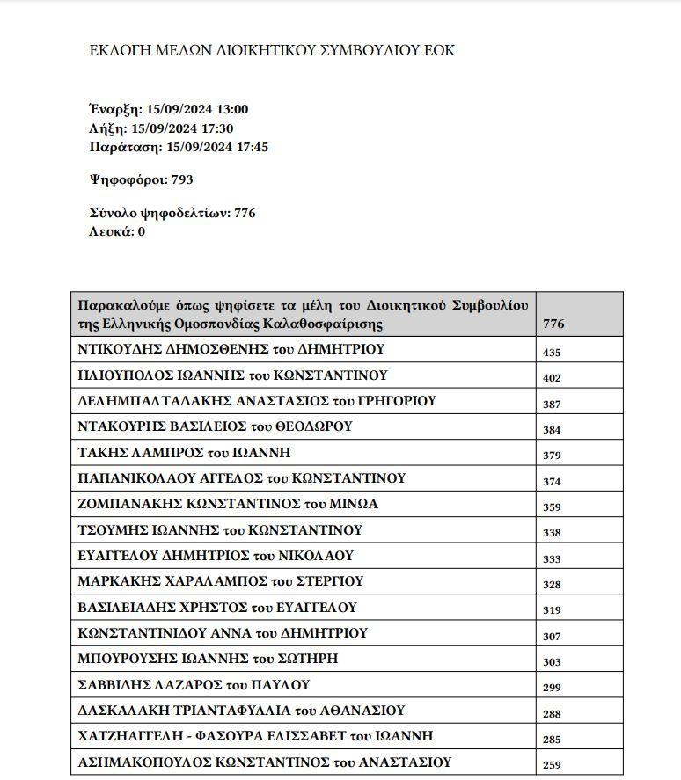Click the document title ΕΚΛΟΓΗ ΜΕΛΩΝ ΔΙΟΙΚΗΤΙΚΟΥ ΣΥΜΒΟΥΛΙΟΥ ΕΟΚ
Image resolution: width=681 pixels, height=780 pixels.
272,50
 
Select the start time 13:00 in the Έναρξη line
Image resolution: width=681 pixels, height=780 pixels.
231,110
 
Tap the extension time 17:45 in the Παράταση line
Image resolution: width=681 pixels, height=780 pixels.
251,147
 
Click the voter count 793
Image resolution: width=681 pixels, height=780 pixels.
182,179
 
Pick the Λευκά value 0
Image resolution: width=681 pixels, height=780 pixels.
141,231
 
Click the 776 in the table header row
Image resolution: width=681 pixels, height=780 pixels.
554,324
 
